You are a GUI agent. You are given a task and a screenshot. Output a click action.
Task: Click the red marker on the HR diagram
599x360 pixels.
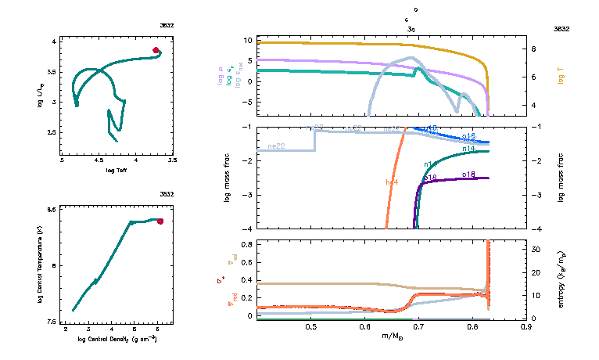coord(156,50)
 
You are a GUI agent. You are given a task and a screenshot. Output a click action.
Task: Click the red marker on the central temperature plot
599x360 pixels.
coord(160,221)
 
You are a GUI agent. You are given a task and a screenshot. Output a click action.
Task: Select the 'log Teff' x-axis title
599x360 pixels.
coord(116,170)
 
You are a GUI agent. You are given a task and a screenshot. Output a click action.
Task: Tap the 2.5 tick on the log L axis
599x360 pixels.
coord(52,132)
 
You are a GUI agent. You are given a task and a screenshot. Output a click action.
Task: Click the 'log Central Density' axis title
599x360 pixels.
coord(112,339)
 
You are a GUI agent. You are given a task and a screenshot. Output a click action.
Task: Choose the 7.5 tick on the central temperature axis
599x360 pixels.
coord(52,322)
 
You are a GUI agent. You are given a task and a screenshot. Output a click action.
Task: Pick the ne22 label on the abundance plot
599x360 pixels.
coord(275,146)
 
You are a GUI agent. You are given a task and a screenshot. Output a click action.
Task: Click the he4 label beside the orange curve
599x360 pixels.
coord(392,182)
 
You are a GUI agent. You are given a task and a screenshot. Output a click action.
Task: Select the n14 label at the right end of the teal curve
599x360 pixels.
coord(469,148)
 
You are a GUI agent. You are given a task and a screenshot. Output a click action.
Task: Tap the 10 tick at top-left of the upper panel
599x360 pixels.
coord(246,40)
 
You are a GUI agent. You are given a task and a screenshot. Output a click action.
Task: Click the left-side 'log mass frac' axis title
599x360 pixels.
coord(228,178)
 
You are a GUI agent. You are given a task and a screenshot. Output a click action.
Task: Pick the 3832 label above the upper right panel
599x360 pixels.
coord(561,28)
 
